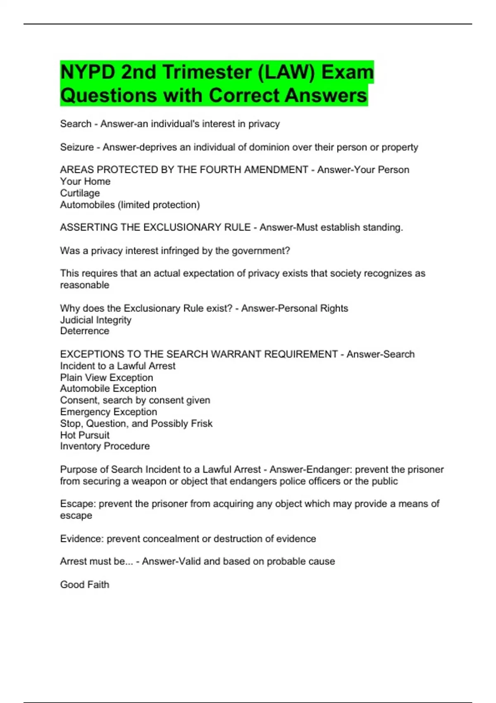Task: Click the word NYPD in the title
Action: click(x=88, y=72)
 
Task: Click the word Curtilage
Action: click(x=80, y=193)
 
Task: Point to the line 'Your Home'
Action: click(x=85, y=182)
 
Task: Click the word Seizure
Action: click(x=77, y=147)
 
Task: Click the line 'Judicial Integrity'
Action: click(x=95, y=320)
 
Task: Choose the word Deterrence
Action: click(x=85, y=331)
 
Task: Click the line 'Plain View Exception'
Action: click(x=106, y=378)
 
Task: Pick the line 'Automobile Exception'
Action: click(x=108, y=389)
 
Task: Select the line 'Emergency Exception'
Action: click(x=108, y=412)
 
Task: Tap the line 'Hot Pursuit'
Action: click(x=85, y=435)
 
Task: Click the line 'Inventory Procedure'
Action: click(x=105, y=446)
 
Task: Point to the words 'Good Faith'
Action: click(x=85, y=585)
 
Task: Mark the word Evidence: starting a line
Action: click(x=82, y=539)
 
